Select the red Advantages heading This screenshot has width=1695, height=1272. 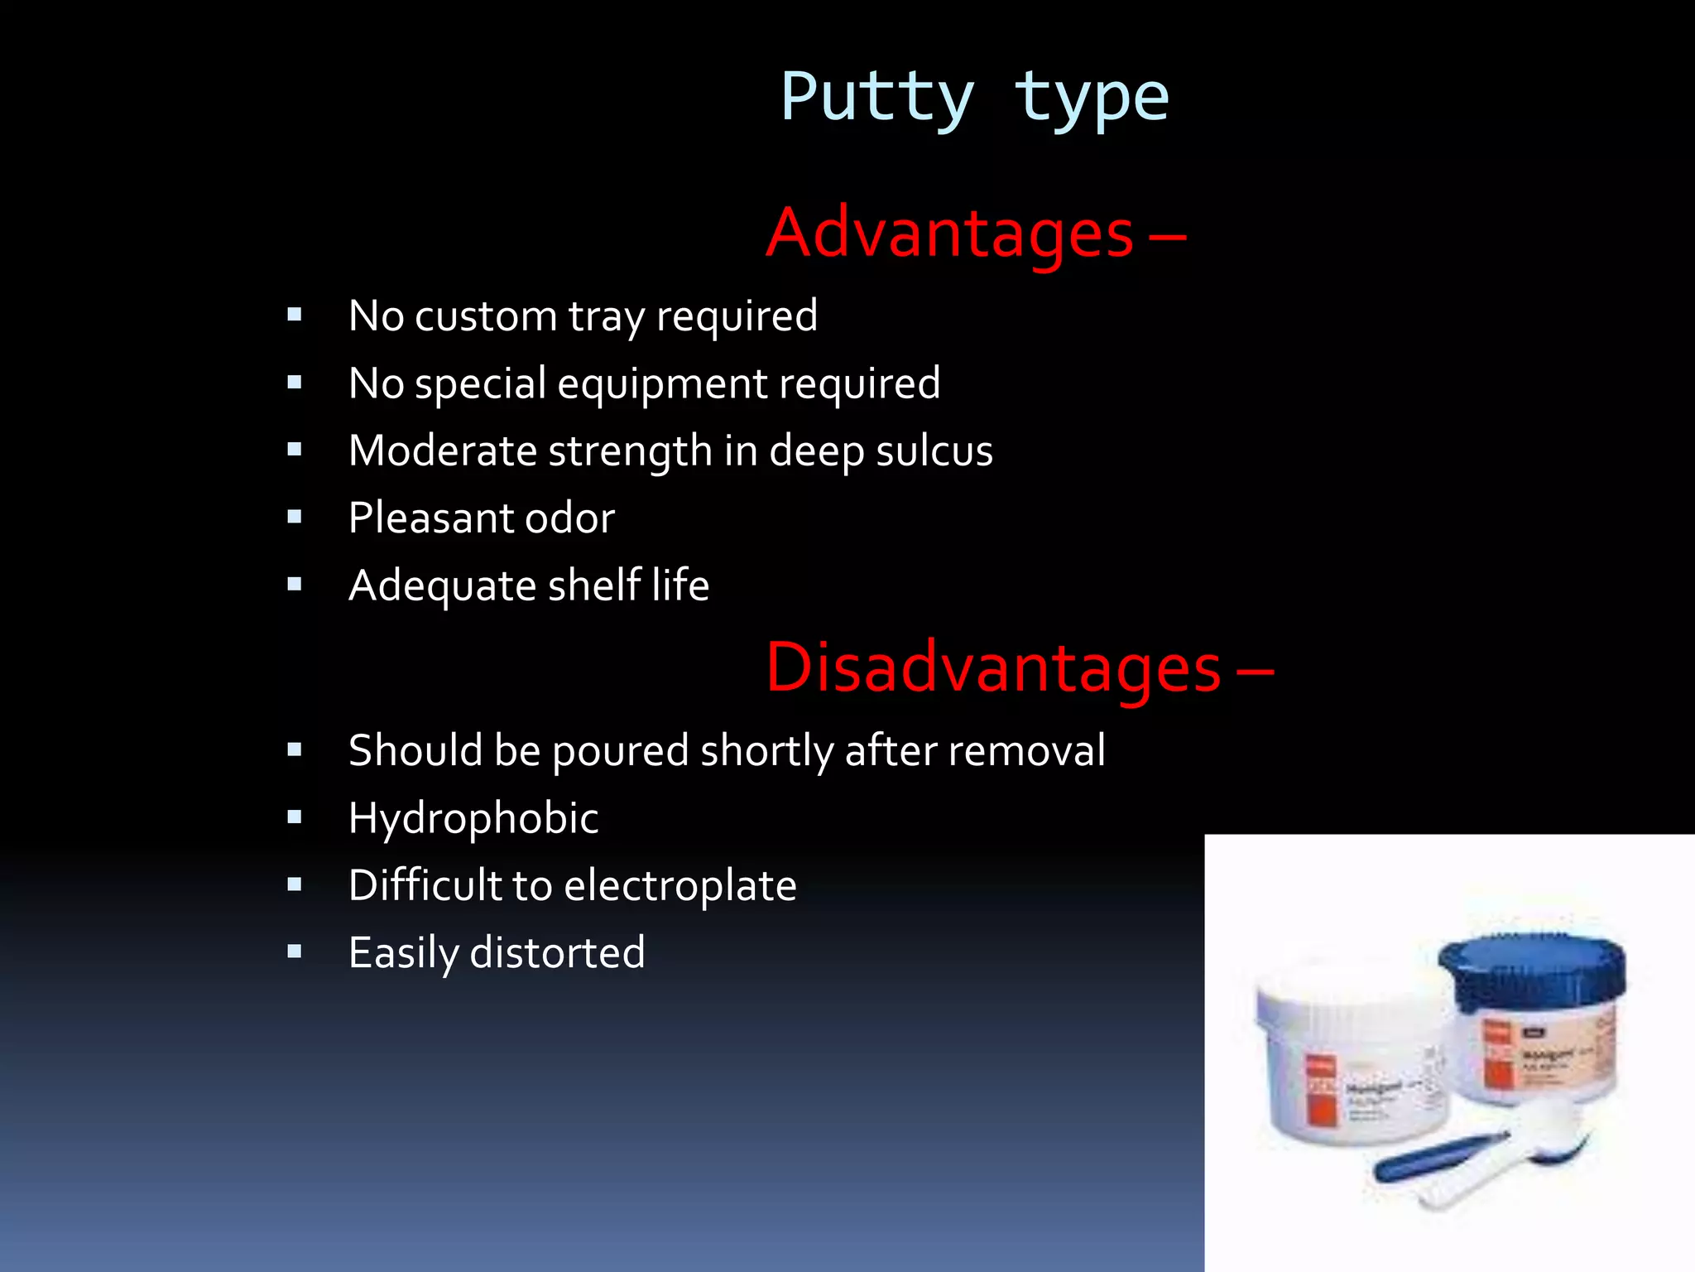[950, 234]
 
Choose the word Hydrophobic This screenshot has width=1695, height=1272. [473, 819]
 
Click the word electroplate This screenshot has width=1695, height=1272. [680, 885]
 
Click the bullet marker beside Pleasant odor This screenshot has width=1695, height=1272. [295, 518]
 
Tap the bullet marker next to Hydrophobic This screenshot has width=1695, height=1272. [295, 817]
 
